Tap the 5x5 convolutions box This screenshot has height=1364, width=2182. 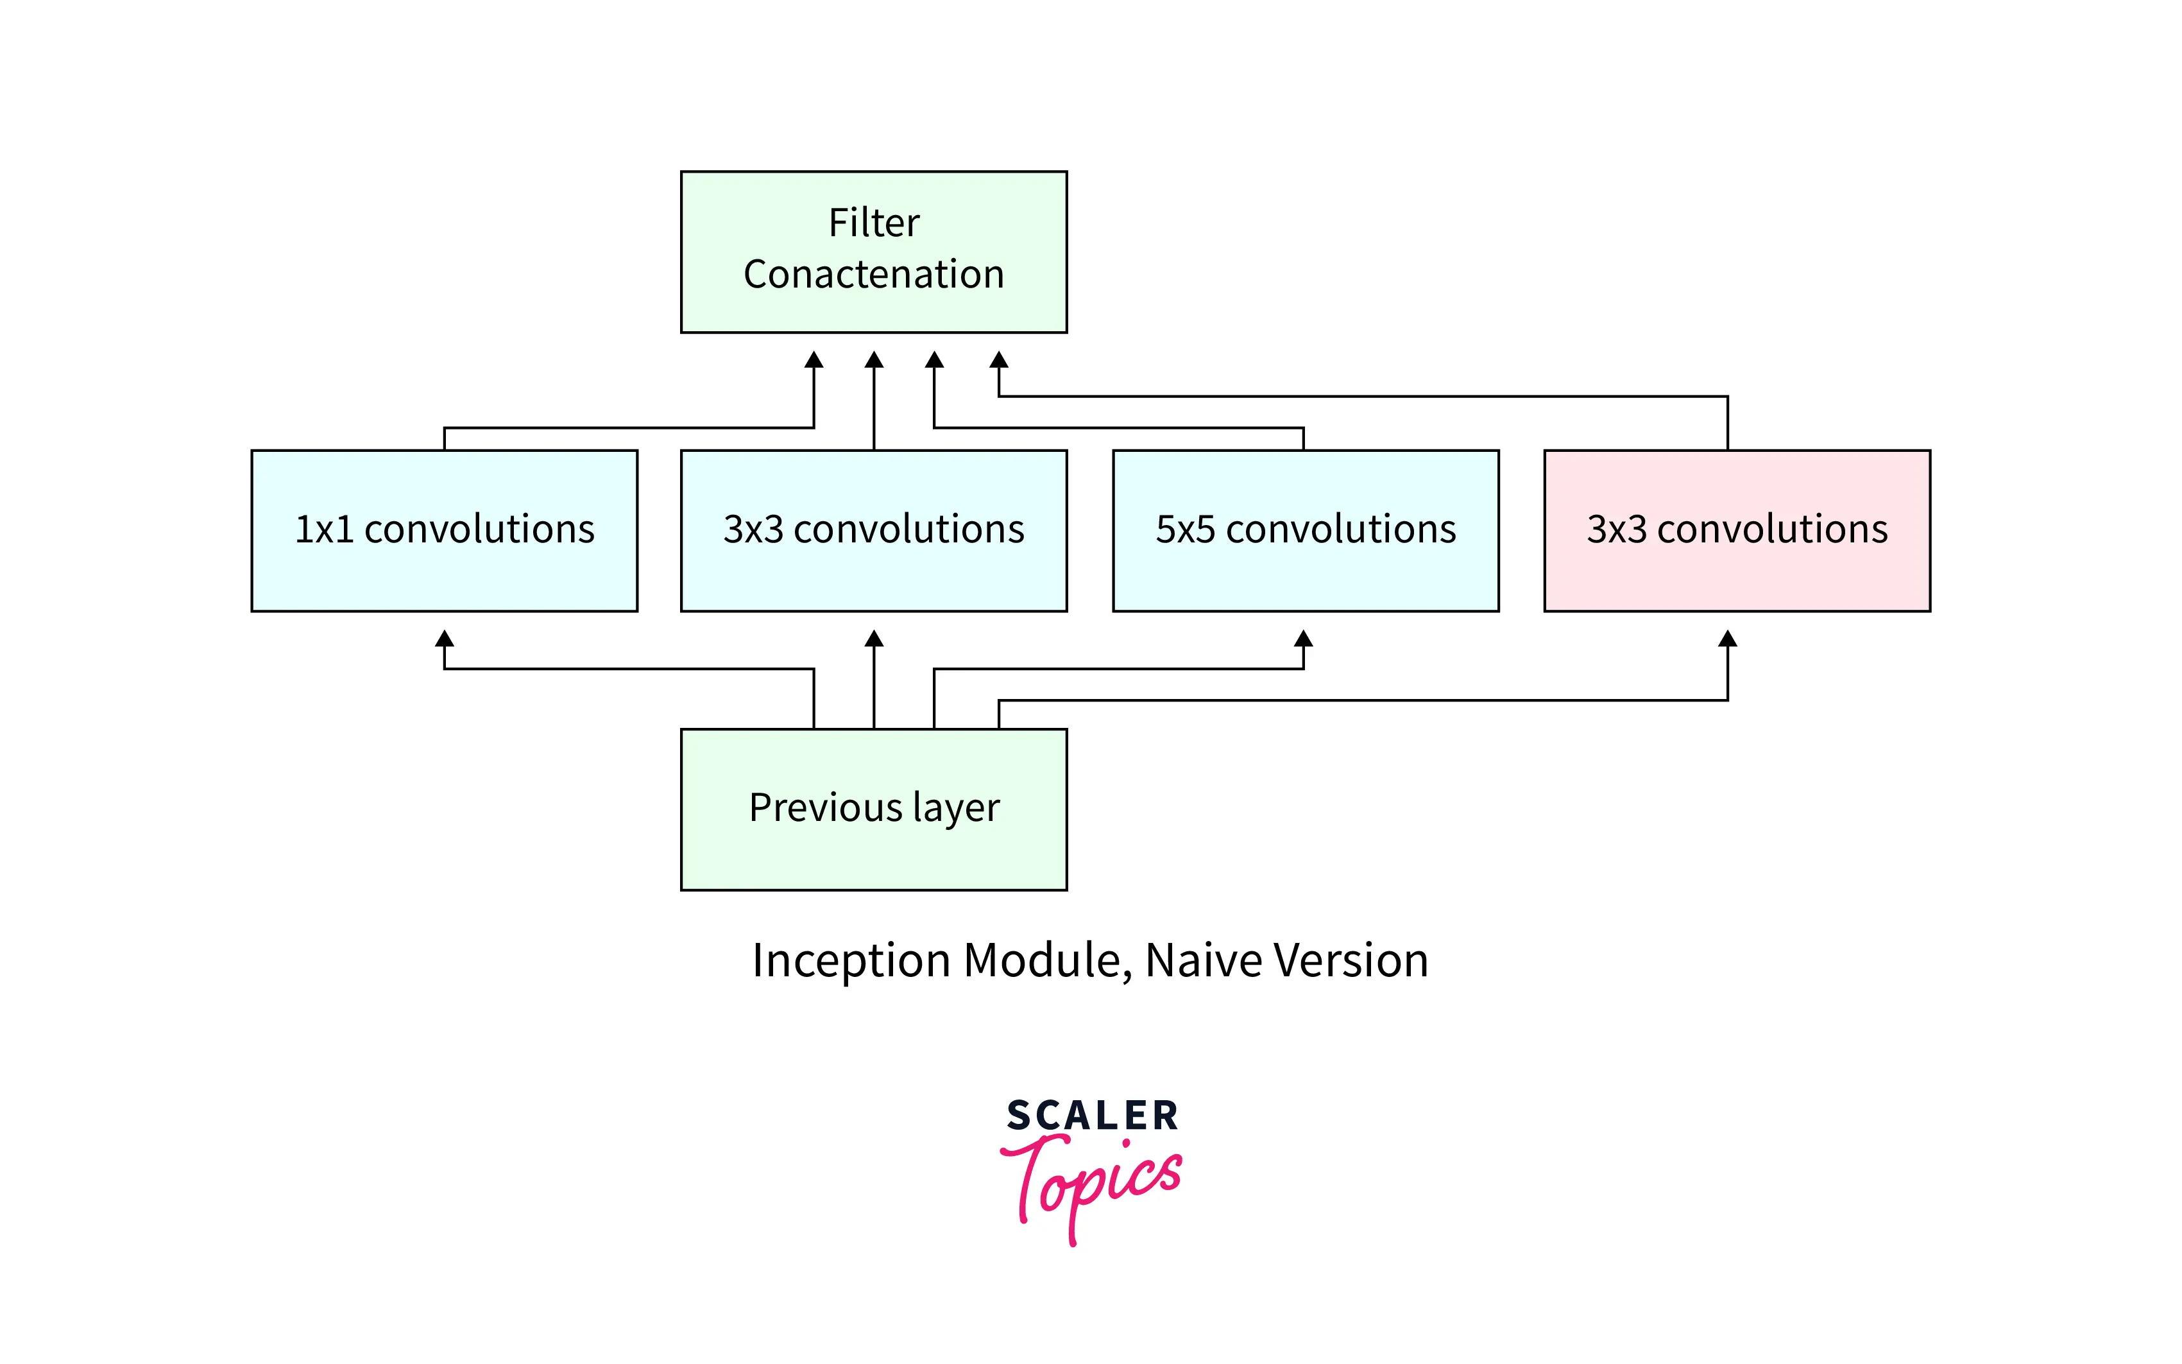pyautogui.click(x=1305, y=530)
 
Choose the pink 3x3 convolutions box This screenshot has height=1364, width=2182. pyautogui.click(x=1737, y=530)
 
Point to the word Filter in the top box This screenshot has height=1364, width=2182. pyautogui.click(x=874, y=223)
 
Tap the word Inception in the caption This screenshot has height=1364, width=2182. pyautogui.click(x=852, y=961)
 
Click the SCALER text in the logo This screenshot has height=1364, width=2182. pyautogui.click(x=1092, y=1116)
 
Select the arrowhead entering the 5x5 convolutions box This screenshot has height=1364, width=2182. pyautogui.click(x=1303, y=639)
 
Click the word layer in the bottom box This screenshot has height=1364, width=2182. pyautogui.click(x=958, y=808)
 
